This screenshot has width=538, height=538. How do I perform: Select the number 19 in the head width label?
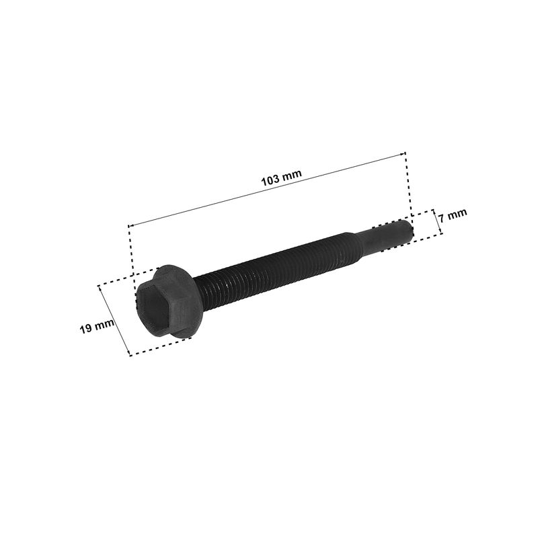86,328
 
